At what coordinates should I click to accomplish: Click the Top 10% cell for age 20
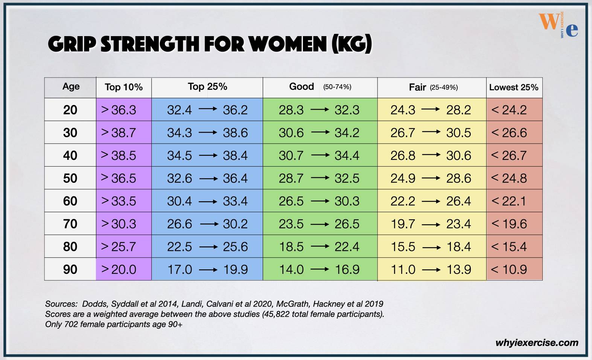(x=123, y=110)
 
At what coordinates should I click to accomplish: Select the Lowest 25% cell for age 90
(x=514, y=269)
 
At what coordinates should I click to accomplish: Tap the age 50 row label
(x=70, y=178)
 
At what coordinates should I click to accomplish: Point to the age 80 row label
(x=70, y=247)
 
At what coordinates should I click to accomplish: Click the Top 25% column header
(x=207, y=87)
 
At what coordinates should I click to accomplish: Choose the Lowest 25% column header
(x=514, y=87)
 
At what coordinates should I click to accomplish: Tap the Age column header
(x=71, y=87)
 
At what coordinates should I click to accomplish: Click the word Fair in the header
(x=417, y=87)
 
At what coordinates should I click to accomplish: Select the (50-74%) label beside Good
(x=337, y=87)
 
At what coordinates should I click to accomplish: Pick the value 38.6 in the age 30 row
(x=235, y=133)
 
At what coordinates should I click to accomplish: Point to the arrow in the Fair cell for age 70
(x=431, y=224)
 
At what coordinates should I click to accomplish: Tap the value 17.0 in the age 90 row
(x=180, y=269)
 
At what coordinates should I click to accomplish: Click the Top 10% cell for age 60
(x=123, y=201)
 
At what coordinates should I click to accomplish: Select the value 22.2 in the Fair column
(x=403, y=201)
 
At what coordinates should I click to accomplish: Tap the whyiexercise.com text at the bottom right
(x=537, y=343)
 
